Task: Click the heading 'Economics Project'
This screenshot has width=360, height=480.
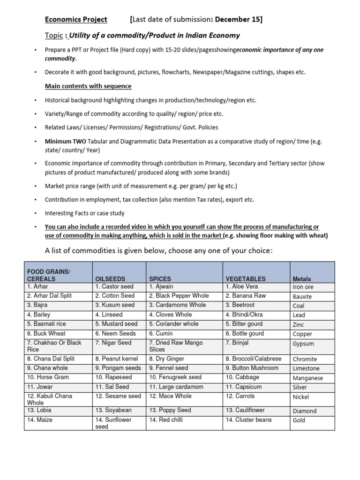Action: click(76, 19)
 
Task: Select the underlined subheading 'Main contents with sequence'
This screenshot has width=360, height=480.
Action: click(88, 86)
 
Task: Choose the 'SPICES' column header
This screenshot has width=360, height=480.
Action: click(161, 279)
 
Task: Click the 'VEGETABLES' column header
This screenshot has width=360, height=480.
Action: click(245, 279)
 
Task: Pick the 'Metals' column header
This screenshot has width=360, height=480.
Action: click(301, 279)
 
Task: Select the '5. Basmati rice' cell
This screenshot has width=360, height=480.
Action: click(47, 324)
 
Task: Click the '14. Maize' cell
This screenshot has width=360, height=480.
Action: click(40, 420)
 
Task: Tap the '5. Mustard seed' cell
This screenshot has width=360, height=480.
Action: click(116, 324)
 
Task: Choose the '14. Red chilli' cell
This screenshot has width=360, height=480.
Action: click(166, 420)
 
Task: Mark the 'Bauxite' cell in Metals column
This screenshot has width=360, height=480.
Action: click(302, 297)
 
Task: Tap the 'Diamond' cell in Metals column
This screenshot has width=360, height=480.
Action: click(304, 411)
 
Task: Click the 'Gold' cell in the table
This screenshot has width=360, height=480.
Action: click(299, 420)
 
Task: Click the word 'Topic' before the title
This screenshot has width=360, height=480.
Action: click(54, 36)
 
